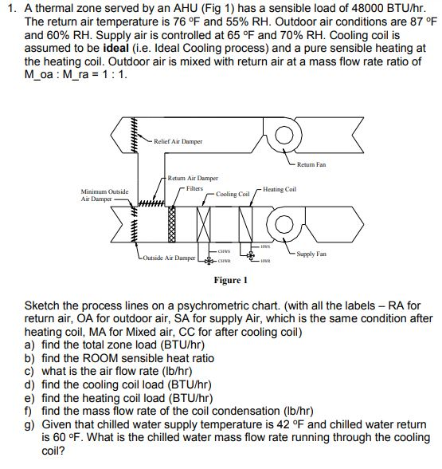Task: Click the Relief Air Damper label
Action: [x=178, y=141]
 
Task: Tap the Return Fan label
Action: [x=311, y=165]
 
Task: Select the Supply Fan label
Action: [x=311, y=254]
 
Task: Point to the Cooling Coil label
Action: [x=233, y=194]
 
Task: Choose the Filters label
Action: [x=194, y=188]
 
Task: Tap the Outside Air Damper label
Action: [x=171, y=258]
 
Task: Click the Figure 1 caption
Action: [x=231, y=280]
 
